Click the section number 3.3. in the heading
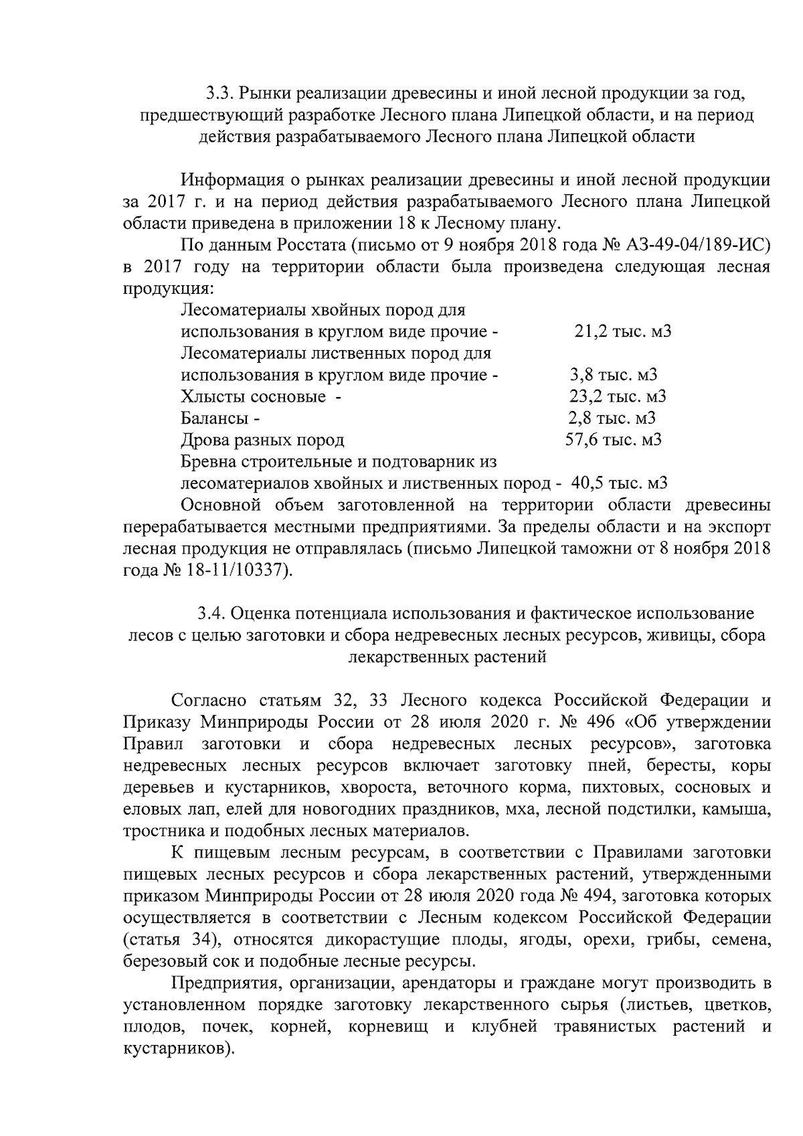pos(219,92)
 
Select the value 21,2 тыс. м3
pos(622,331)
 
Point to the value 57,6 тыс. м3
pos(613,440)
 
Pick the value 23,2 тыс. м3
pos(617,396)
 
